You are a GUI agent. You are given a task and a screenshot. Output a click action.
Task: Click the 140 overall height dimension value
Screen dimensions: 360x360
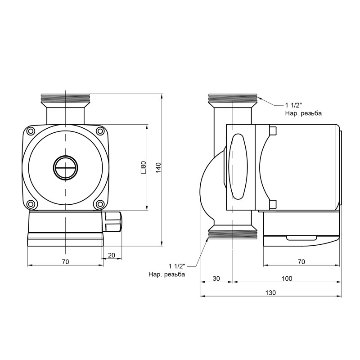click(x=158, y=167)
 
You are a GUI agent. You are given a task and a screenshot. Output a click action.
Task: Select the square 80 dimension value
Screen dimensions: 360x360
click(x=143, y=167)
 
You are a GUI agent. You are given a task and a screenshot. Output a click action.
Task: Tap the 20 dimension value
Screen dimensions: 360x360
click(x=112, y=255)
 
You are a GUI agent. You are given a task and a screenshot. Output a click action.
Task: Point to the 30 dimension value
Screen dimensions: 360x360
click(x=216, y=279)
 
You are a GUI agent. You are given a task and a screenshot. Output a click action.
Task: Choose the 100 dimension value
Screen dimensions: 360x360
click(x=287, y=279)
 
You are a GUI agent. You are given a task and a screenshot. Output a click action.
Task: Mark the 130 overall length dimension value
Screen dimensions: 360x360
click(x=270, y=292)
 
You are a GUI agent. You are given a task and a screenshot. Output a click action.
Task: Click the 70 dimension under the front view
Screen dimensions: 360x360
click(x=65, y=261)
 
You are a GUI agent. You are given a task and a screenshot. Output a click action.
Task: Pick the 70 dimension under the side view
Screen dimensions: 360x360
click(x=301, y=261)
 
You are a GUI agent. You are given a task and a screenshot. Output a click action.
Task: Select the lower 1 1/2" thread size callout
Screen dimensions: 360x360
click(x=177, y=265)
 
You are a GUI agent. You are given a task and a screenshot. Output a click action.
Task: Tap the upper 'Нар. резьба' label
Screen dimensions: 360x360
click(x=303, y=114)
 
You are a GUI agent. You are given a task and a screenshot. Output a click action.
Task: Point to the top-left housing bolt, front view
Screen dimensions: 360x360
click(x=30, y=131)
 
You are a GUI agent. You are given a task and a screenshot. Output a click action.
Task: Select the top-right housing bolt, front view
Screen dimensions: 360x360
click(x=100, y=131)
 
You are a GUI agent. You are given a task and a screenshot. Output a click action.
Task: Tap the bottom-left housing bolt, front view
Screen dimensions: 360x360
click(x=30, y=204)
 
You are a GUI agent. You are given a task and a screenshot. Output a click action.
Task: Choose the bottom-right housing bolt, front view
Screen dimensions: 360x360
click(x=100, y=204)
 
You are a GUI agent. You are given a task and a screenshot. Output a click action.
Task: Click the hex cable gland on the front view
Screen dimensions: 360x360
click(x=113, y=221)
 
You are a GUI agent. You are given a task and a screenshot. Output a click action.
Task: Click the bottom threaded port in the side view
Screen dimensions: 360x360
click(x=232, y=234)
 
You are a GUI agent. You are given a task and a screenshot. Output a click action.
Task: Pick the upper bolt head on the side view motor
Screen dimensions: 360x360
click(x=272, y=130)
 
